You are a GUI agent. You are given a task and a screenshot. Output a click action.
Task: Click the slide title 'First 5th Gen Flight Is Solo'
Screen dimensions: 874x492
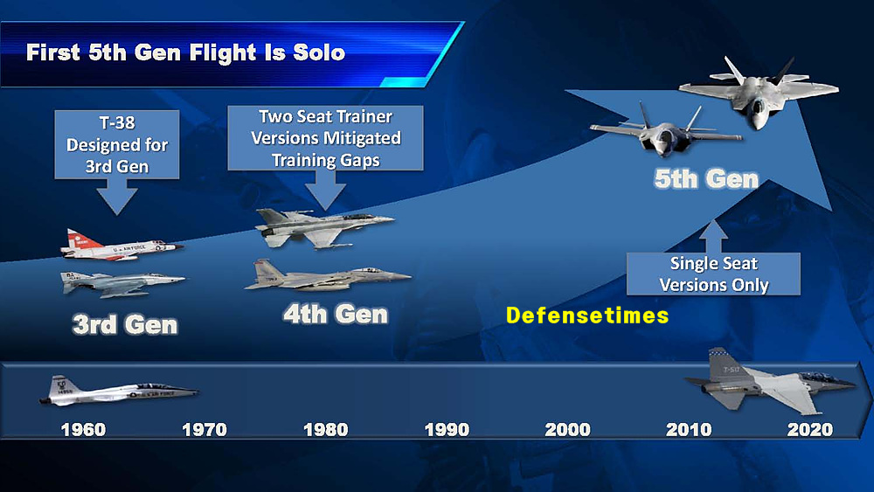185,52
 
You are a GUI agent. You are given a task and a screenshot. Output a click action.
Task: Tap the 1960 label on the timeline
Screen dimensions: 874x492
83,430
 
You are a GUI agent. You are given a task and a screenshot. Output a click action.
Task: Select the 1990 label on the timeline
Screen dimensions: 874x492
447,430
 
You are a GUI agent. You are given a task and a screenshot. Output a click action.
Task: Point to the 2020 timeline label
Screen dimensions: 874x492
810,430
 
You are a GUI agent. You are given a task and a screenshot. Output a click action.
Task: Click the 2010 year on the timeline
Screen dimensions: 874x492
689,430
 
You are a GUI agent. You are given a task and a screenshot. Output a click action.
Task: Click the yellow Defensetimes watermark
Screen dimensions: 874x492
587,315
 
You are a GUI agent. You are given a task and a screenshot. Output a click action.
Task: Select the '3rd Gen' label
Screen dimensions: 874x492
125,324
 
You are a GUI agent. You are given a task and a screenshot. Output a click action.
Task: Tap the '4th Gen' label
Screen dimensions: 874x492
336,315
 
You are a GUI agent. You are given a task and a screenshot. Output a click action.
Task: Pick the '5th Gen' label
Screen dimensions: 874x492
706,179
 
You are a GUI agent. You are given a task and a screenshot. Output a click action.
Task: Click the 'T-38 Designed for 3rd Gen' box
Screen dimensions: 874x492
117,144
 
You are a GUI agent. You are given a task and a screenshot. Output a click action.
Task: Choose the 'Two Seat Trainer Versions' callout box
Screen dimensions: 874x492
325,137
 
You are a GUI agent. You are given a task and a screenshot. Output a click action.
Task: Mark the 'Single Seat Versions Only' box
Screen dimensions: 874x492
713,274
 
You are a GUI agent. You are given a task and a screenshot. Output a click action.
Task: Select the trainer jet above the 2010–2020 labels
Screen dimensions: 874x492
770,382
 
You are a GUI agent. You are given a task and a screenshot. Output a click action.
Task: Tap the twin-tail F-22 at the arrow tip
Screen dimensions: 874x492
758,92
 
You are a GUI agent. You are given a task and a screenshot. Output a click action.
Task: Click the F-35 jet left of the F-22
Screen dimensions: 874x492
666,131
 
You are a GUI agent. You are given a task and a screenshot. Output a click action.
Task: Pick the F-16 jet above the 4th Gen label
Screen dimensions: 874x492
323,227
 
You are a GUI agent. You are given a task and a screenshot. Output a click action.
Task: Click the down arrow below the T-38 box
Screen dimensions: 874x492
117,201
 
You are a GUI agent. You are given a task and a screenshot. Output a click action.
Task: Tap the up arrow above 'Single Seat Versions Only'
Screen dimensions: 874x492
713,237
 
